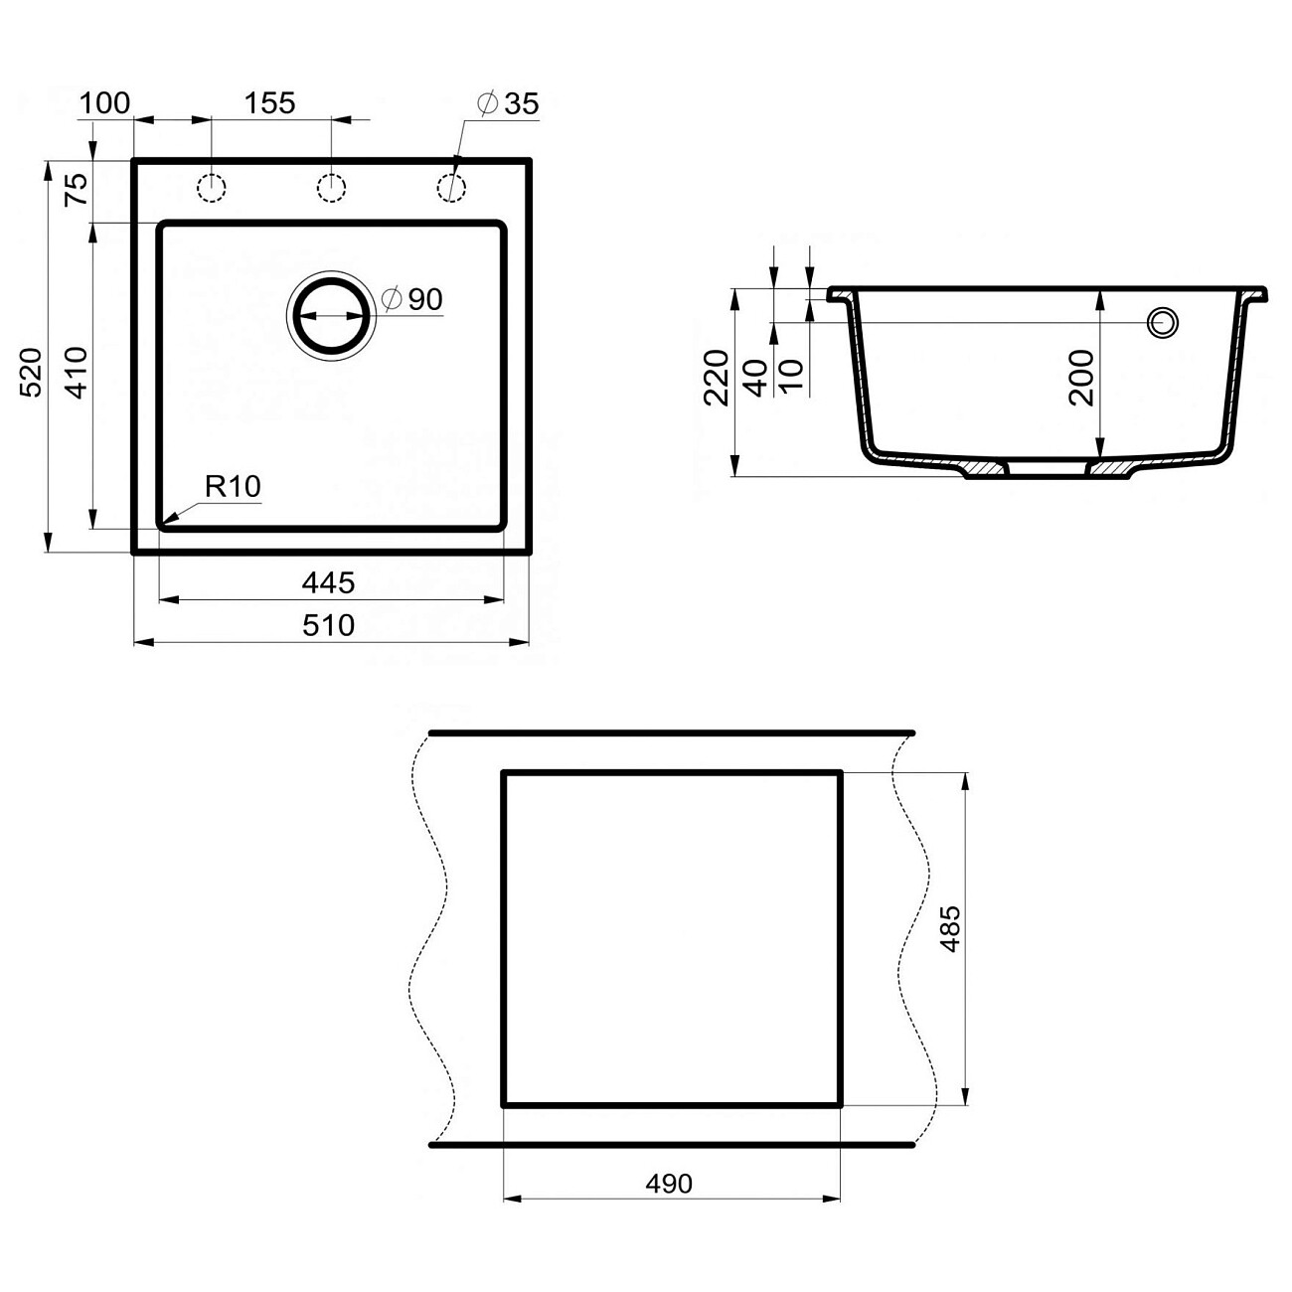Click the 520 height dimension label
point(32,372)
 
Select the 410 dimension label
point(77,372)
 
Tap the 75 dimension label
point(77,189)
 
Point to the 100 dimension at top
point(104,102)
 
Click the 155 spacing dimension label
point(270,102)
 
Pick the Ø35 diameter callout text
point(507,103)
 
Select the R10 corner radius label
point(233,486)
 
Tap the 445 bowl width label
point(328,582)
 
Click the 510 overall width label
point(328,625)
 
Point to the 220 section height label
point(718,378)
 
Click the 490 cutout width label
point(669,1184)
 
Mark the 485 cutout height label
point(950,929)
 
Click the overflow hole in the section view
point(1162,322)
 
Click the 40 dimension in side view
point(756,378)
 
